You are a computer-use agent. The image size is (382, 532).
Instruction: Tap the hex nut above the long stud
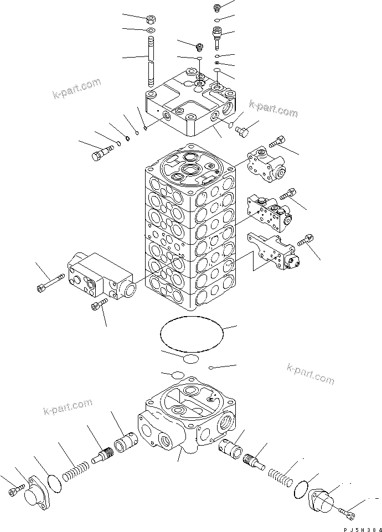tap(151, 19)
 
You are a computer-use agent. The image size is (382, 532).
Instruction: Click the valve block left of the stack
tap(100, 277)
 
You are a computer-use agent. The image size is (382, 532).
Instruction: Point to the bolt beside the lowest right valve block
tap(306, 242)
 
